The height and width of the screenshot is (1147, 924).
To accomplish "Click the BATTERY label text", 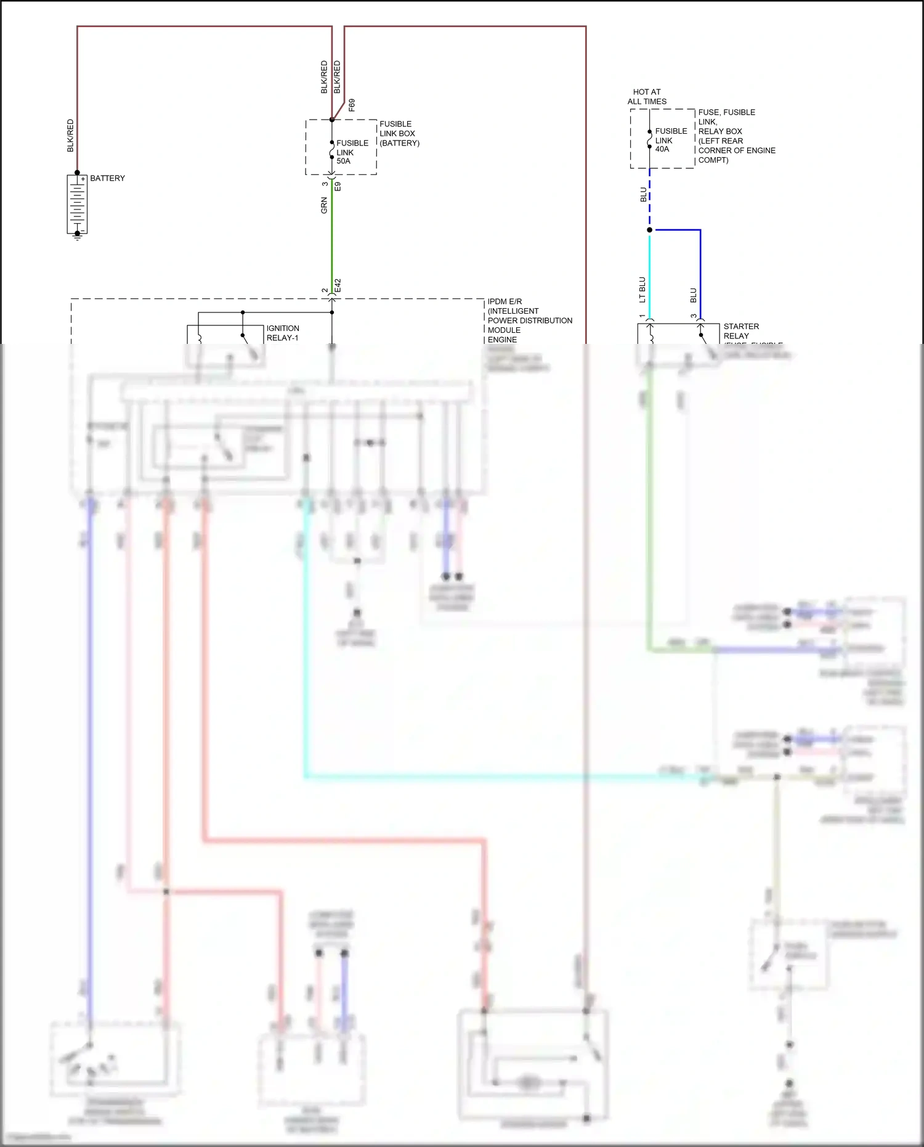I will pyautogui.click(x=107, y=178).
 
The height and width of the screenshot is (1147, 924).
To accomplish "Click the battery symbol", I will pyautogui.click(x=77, y=204).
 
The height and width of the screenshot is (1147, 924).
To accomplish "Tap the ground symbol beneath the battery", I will pyautogui.click(x=78, y=236).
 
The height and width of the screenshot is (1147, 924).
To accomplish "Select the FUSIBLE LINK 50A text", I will pyautogui.click(x=352, y=152).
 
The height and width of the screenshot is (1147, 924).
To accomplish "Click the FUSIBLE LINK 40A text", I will pyautogui.click(x=670, y=140).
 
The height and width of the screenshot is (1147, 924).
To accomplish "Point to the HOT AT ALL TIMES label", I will pyautogui.click(x=647, y=97).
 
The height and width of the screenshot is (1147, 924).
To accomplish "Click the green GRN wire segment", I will pyautogui.click(x=332, y=234).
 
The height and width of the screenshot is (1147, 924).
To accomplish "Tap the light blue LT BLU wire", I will pyautogui.click(x=649, y=271).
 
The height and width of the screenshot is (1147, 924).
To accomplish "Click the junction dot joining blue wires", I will pyautogui.click(x=649, y=230).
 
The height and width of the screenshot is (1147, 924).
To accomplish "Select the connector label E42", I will pyautogui.click(x=338, y=285).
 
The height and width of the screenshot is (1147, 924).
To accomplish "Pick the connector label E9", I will pyautogui.click(x=338, y=186).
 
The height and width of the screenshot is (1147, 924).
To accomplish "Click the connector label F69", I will pyautogui.click(x=352, y=104).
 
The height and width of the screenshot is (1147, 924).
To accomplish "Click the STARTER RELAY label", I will pyautogui.click(x=740, y=331).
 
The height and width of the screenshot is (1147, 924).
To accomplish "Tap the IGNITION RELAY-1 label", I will pyautogui.click(x=283, y=333).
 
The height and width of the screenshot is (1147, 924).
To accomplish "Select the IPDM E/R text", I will pyautogui.click(x=505, y=301).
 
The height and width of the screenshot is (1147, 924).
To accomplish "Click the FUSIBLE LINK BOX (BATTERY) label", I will pyautogui.click(x=399, y=133).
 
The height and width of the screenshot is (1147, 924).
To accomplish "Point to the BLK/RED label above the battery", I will pyautogui.click(x=70, y=136).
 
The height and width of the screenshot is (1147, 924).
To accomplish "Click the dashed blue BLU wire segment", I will pyautogui.click(x=649, y=197).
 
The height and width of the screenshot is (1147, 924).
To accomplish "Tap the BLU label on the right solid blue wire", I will pyautogui.click(x=694, y=295).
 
